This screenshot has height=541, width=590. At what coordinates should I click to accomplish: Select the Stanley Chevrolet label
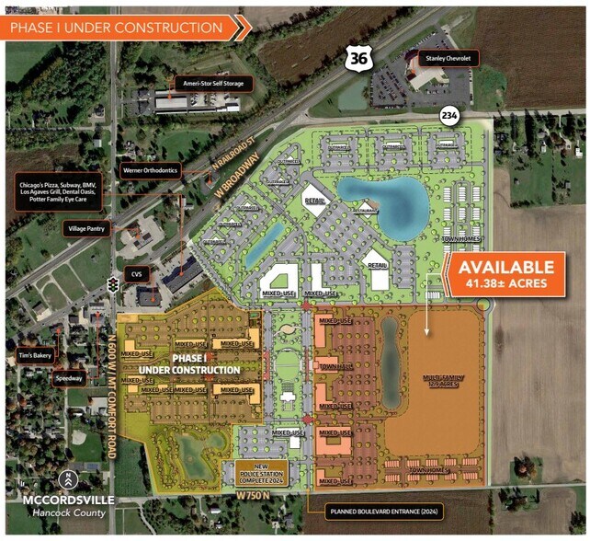(446, 58)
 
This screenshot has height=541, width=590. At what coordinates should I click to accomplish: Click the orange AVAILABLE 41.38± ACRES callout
(505, 273)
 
